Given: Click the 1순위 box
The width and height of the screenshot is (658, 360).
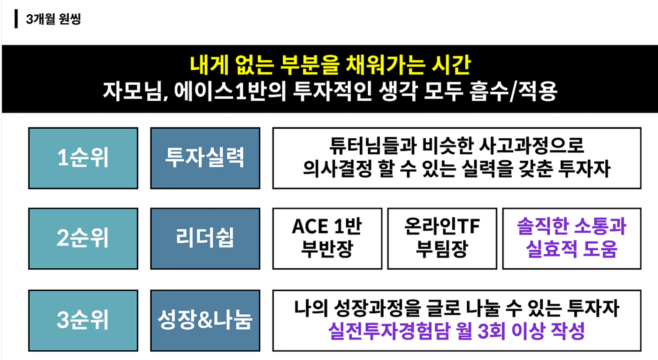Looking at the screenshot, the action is coord(83,158).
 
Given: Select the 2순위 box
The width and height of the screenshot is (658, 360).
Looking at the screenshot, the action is coord(83,239).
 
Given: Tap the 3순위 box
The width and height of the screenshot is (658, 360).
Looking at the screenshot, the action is coord(83,321).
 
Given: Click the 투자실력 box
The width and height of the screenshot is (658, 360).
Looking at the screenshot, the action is coord(205,158).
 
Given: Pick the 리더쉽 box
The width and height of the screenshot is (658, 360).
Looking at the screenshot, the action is coord(205,239).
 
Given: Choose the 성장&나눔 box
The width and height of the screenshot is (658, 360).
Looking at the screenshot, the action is coord(205,321).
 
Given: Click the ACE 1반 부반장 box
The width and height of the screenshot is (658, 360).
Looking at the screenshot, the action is coord(327,239).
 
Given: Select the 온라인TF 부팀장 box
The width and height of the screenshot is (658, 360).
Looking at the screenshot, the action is coord(442,239).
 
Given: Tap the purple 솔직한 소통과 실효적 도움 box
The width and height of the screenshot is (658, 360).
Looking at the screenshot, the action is coord(572,239).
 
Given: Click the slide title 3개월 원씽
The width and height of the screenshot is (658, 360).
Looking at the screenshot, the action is coord(53,19).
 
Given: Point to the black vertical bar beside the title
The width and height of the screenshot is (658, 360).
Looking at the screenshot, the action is coord(16,19).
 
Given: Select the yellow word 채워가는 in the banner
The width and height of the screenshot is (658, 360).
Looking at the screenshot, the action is coord(386,65).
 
